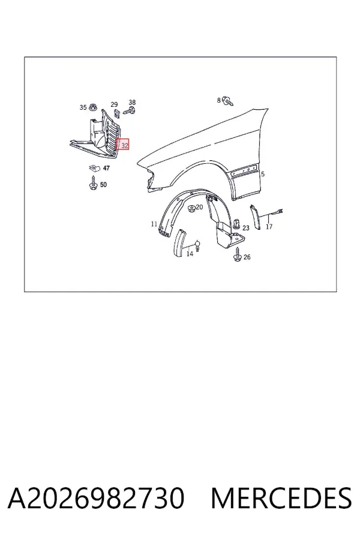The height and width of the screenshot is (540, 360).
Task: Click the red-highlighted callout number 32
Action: point(125,146)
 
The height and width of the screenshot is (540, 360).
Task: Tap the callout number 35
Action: point(83,107)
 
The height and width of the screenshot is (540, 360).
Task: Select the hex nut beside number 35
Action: point(92,107)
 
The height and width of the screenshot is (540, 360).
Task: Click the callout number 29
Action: point(114,104)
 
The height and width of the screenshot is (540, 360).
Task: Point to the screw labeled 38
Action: point(129,111)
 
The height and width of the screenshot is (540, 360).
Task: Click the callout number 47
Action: point(106,168)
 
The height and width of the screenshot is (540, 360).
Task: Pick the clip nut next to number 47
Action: point(94,169)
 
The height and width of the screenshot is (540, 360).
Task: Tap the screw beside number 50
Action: point(93,182)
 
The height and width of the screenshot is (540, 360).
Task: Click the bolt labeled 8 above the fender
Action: point(228,101)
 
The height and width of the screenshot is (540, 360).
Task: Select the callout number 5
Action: point(263,174)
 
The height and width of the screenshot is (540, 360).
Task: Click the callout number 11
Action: point(154,224)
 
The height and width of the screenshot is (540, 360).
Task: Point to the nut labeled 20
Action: point(191,209)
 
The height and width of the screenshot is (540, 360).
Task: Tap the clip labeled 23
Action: point(236,224)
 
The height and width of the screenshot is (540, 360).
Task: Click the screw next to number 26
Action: point(238,254)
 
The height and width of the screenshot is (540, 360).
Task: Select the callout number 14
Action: point(190,254)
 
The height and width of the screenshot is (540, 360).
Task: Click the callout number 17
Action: point(269,227)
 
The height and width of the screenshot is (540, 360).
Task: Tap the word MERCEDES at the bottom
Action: point(281,498)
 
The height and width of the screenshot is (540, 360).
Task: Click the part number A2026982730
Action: point(96,498)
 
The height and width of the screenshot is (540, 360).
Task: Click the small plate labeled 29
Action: point(116,113)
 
